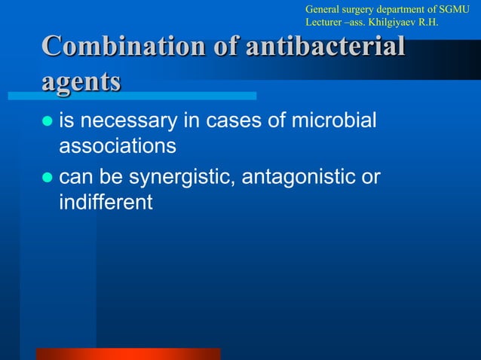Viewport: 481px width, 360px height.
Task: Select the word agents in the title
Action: [x=81, y=79]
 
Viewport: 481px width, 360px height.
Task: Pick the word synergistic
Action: [x=191, y=178]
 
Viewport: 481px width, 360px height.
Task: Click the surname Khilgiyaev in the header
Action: [x=407, y=23]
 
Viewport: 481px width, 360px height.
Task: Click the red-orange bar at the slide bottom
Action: [x=128, y=354]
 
